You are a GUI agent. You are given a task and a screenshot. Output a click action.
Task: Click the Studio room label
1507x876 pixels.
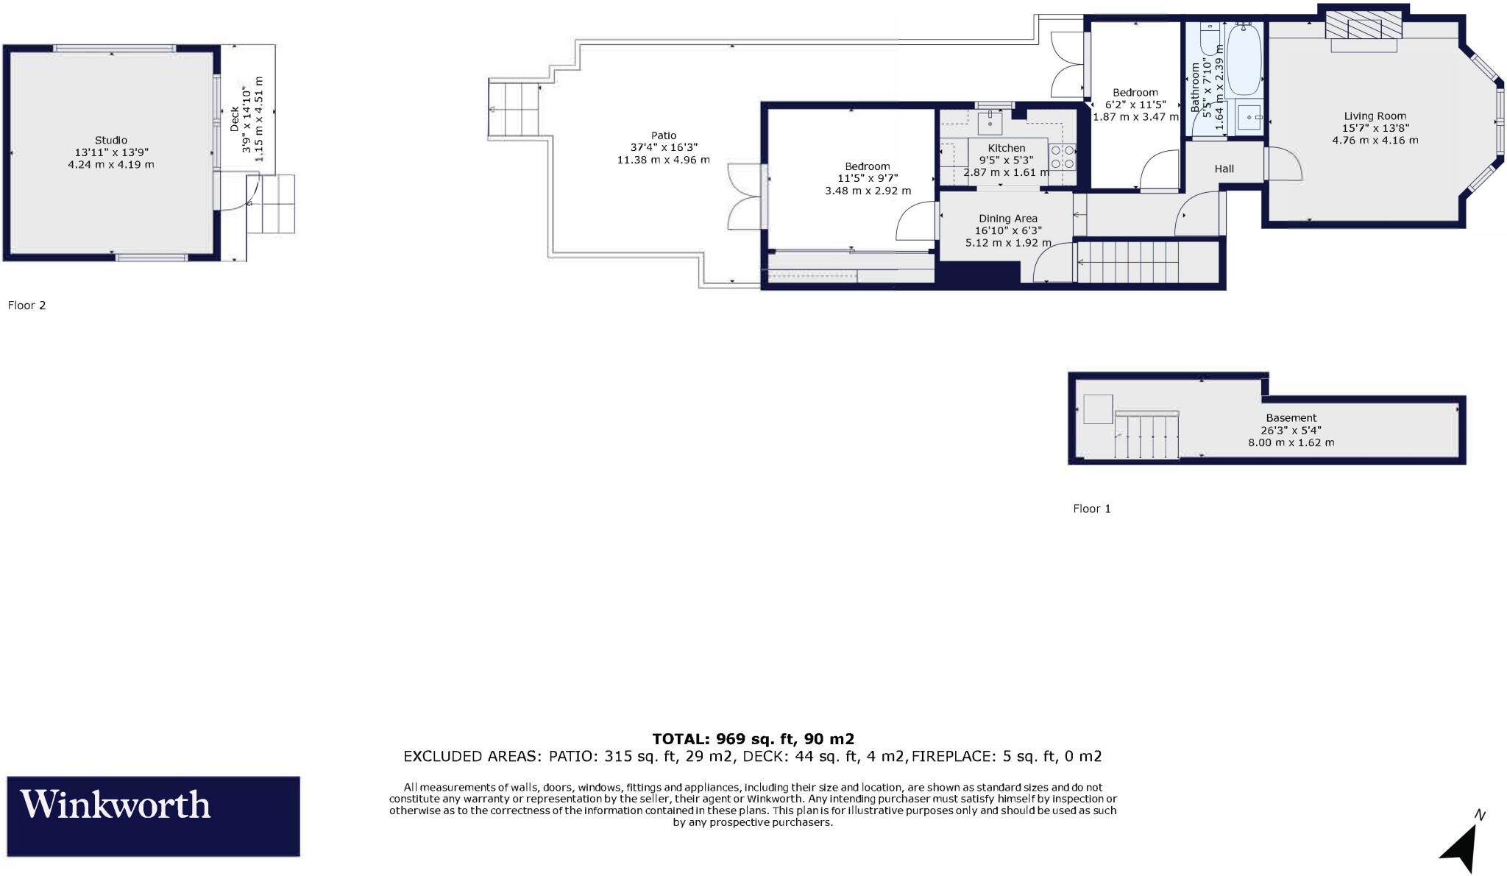[111, 140]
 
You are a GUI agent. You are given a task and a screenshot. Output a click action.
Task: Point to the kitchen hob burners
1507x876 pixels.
[1062, 157]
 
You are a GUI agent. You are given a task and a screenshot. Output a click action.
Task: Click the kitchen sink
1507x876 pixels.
[990, 122]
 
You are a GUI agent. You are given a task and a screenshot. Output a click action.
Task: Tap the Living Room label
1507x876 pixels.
[1375, 116]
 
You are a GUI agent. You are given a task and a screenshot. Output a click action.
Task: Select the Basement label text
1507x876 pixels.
[1291, 417]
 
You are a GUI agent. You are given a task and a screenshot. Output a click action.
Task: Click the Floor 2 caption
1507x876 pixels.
[27, 305]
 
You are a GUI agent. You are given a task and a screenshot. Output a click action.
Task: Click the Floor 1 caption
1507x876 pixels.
[1092, 509]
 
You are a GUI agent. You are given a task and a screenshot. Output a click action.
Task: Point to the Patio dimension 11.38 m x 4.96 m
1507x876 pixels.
[663, 160]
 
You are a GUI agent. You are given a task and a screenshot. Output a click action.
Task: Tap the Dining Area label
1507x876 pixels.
[1007, 218]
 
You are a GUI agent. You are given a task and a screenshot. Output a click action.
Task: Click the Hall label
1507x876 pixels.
[1224, 169]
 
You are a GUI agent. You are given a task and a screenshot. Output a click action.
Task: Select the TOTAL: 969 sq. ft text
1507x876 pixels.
[753, 738]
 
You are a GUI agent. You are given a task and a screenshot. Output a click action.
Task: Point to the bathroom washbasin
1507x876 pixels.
[1249, 117]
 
